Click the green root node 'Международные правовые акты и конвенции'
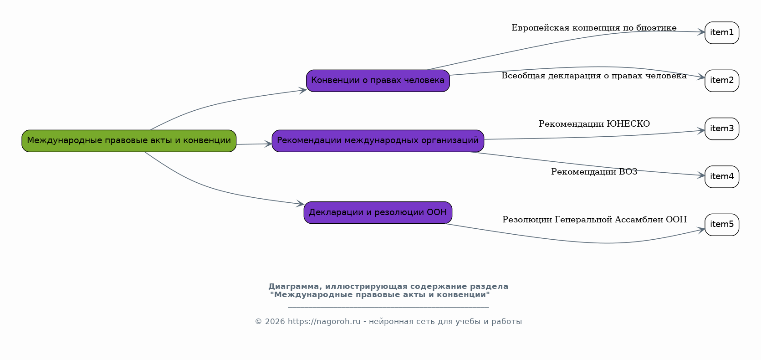pos(129,141)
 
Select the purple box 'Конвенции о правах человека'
pos(378,81)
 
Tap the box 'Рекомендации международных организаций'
pos(378,141)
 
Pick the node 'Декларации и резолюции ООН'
pos(378,212)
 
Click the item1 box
pos(721,33)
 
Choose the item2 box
pos(721,81)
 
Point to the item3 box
pos(721,129)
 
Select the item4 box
pos(721,176)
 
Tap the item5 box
pos(721,224)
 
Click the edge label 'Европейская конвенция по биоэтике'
pos(594,28)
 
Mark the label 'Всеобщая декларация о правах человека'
pos(594,76)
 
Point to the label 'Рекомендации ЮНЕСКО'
pos(594,124)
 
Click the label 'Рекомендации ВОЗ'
pos(594,172)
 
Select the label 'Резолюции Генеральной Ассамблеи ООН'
pos(594,220)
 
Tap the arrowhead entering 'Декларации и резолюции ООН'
pos(300,204)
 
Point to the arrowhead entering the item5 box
pos(701,230)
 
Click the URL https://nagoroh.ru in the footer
pos(324,322)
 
